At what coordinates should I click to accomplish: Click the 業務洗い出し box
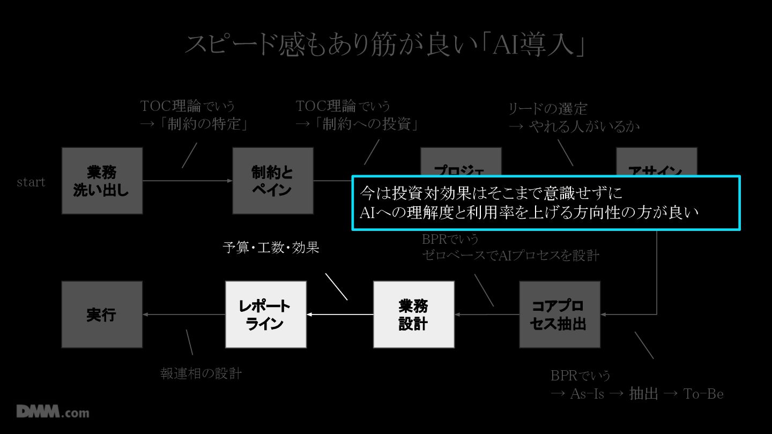click(x=102, y=181)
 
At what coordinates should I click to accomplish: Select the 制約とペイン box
click(x=272, y=181)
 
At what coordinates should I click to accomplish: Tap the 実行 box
click(x=102, y=315)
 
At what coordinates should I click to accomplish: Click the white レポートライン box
click(x=266, y=315)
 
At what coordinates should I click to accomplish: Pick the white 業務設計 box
click(x=413, y=315)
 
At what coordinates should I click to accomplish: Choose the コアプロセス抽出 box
click(x=559, y=315)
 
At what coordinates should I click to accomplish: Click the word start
click(x=31, y=182)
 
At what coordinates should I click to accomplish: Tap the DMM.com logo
click(x=53, y=412)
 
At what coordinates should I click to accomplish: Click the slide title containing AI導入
click(x=385, y=45)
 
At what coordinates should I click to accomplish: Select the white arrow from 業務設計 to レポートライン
click(x=340, y=315)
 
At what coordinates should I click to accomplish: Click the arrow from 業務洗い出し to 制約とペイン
click(x=188, y=181)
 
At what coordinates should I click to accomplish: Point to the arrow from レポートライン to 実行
click(x=184, y=315)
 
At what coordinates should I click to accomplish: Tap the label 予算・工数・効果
click(x=271, y=248)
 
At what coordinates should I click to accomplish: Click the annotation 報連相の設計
click(x=201, y=373)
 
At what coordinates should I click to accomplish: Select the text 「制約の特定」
click(x=206, y=124)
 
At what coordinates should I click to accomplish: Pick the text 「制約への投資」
click(x=367, y=124)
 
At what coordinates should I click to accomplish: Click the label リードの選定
click(x=548, y=109)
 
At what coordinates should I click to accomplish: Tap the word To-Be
click(x=703, y=394)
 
